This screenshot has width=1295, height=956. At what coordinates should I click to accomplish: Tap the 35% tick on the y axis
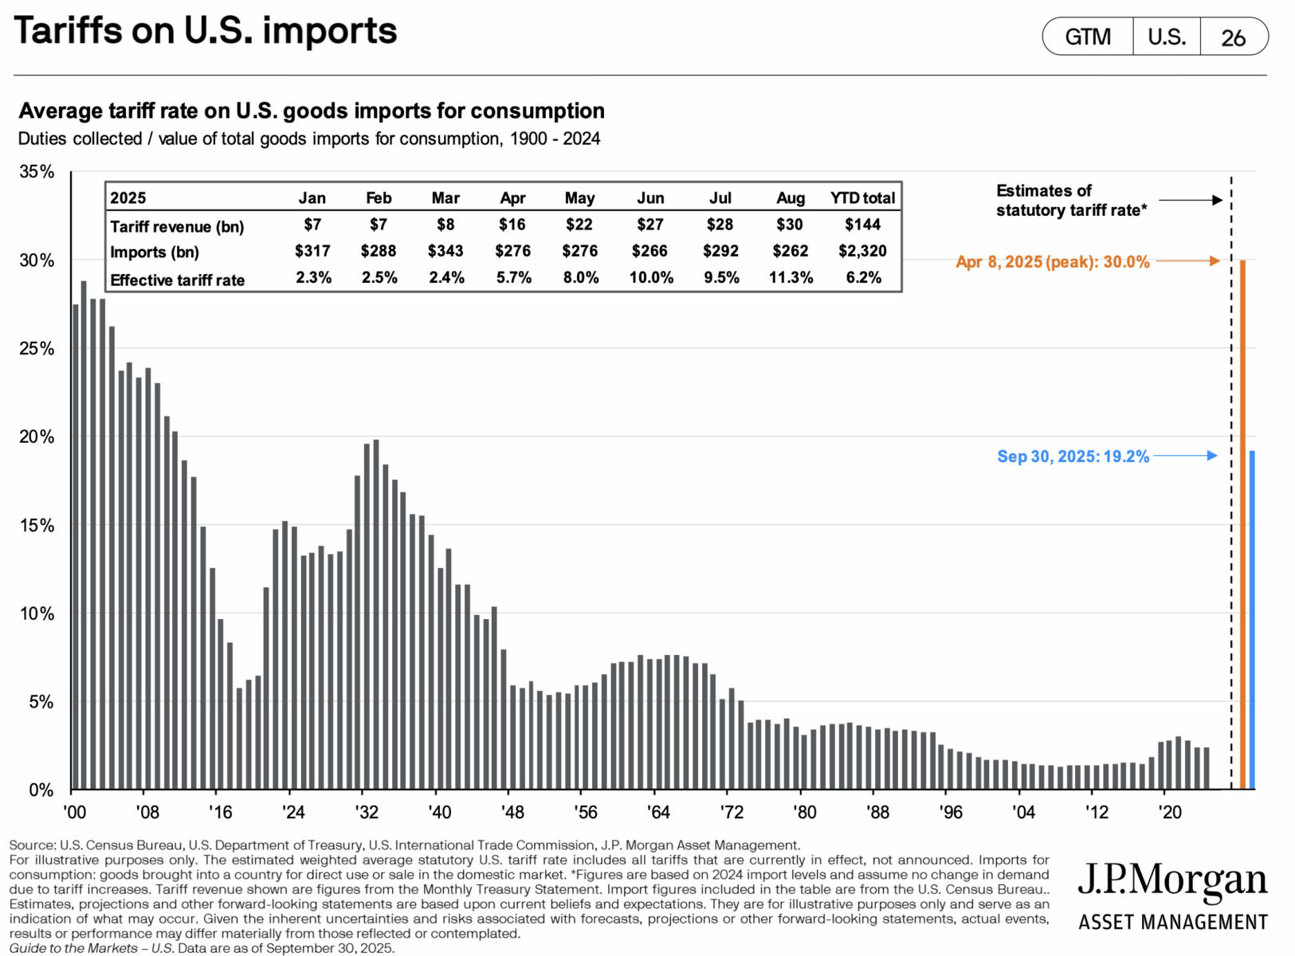tap(37, 172)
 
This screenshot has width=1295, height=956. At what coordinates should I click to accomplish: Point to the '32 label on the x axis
tap(366, 812)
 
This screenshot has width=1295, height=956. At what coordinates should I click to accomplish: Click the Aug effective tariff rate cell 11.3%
tap(791, 278)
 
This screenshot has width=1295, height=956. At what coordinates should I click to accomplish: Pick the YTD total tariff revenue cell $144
tap(862, 225)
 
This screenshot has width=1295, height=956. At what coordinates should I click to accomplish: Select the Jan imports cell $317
tap(312, 251)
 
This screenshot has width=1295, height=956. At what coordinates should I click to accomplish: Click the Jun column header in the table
tap(650, 198)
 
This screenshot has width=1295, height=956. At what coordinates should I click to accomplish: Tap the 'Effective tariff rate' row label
tap(177, 280)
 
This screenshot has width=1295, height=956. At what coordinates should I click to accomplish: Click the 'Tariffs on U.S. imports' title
tap(206, 32)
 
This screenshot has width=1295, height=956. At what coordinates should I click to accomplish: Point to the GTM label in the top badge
tap(1088, 37)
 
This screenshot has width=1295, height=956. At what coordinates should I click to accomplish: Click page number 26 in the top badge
tap(1233, 37)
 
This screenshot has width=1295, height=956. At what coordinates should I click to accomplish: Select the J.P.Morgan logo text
tap(1171, 881)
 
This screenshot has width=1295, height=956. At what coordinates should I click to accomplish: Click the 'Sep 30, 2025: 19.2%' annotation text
tap(1073, 456)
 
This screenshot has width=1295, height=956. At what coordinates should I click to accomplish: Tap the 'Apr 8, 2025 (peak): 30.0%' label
tap(1052, 262)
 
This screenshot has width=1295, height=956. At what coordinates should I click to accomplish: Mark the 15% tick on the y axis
tap(37, 526)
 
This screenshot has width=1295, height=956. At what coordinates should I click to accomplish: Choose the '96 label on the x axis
tap(950, 812)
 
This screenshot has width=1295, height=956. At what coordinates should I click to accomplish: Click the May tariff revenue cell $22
tap(579, 225)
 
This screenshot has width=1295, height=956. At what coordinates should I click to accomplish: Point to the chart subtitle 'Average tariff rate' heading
tap(312, 111)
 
